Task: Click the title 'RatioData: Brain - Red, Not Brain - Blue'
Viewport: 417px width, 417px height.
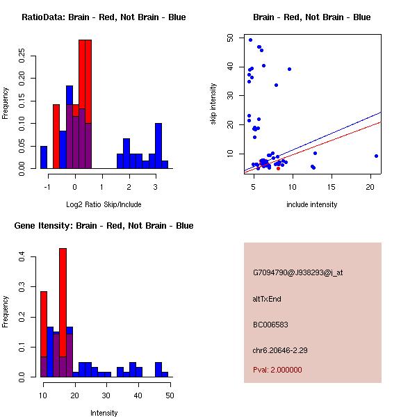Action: click(104, 17)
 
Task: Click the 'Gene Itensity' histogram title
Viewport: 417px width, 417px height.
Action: click(104, 225)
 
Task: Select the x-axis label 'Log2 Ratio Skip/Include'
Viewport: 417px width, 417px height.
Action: click(104, 204)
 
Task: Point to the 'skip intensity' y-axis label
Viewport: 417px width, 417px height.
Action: click(213, 104)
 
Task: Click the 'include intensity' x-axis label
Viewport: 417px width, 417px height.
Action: click(312, 204)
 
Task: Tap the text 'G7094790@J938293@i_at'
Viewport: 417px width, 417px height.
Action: click(298, 272)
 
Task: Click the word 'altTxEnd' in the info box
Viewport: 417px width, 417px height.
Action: click(267, 299)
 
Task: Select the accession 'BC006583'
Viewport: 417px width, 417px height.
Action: click(268, 325)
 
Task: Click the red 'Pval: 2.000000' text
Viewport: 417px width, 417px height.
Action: click(277, 370)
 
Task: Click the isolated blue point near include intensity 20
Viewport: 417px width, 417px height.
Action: click(376, 156)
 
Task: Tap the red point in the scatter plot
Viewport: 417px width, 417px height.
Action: click(278, 168)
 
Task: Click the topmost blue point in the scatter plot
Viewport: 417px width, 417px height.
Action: click(250, 40)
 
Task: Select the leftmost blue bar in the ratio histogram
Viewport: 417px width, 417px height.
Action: click(44, 157)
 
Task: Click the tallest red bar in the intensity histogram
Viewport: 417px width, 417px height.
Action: click(63, 313)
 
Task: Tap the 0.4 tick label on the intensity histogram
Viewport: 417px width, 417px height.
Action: click(23, 257)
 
